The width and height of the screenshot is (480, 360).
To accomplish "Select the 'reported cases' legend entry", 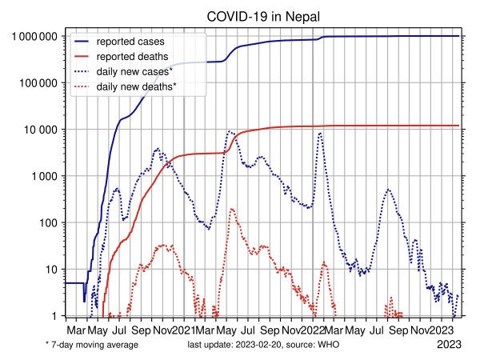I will point(133,41).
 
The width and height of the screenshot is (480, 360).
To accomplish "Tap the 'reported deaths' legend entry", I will point(132,56).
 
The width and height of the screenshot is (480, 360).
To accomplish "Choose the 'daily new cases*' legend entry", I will point(134,71).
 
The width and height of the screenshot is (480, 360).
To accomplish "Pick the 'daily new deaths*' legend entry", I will point(136,86).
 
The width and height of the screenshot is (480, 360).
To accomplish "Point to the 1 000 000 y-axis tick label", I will point(34,37).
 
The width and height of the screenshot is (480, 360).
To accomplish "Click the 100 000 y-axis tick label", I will point(38,83).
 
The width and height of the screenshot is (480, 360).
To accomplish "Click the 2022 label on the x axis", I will point(313,330).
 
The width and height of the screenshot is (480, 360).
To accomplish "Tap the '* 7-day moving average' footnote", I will point(92,345).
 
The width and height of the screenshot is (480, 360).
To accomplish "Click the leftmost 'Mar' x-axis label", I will point(76,330).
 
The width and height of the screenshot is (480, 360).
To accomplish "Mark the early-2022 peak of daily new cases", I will point(320,133).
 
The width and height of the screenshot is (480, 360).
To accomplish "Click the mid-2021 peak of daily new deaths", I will point(232,209).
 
